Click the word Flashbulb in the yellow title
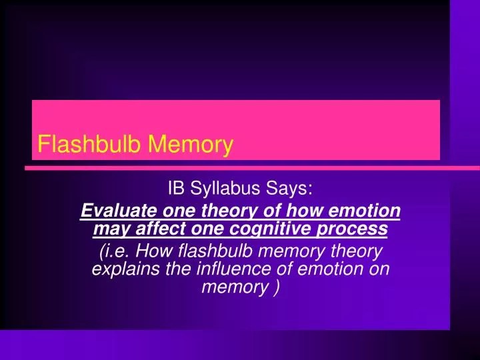[x=89, y=144]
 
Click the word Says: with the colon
[x=290, y=189]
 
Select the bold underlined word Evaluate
[x=113, y=211]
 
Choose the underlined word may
[x=108, y=229]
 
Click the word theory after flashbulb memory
[x=356, y=251]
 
